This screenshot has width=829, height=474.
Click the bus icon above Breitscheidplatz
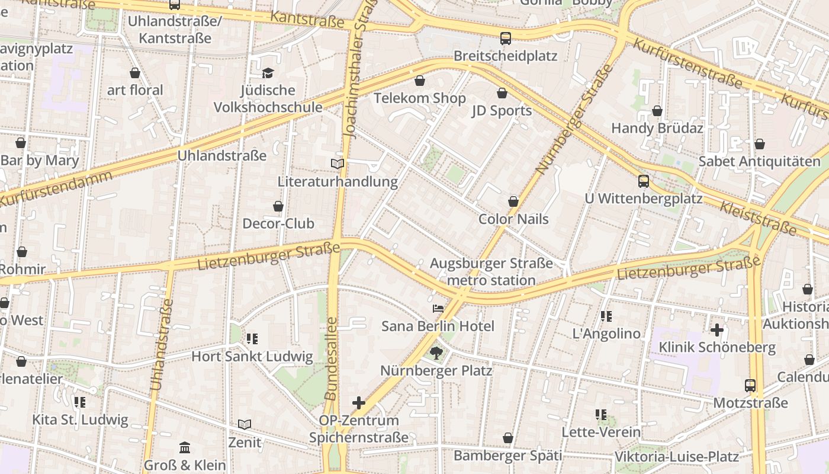pos(505,39)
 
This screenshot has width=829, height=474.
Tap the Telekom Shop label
pos(419,98)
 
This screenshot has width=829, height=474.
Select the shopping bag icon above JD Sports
pos(502,93)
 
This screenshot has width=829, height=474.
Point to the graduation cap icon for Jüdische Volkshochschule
pos(268,73)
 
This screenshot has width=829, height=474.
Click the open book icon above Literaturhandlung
pos(338,164)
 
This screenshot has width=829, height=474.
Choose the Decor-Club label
pos(278,224)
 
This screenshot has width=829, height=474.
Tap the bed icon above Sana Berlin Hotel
pos(438,309)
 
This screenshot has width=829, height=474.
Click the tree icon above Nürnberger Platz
pos(436,354)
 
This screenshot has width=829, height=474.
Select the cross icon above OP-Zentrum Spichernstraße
pos(359,403)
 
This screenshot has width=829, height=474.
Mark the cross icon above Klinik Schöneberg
pos(717,329)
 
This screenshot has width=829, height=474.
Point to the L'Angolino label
pos(606,334)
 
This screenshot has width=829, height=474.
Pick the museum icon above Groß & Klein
pos(185,447)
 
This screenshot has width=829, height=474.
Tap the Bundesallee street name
pos(331,358)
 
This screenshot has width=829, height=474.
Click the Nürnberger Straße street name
pos(574,118)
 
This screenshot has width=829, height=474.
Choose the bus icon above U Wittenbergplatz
pos(644,181)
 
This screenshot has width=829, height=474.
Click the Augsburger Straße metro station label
pos(491,272)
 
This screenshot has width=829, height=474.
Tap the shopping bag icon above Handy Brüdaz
pos(657,111)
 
